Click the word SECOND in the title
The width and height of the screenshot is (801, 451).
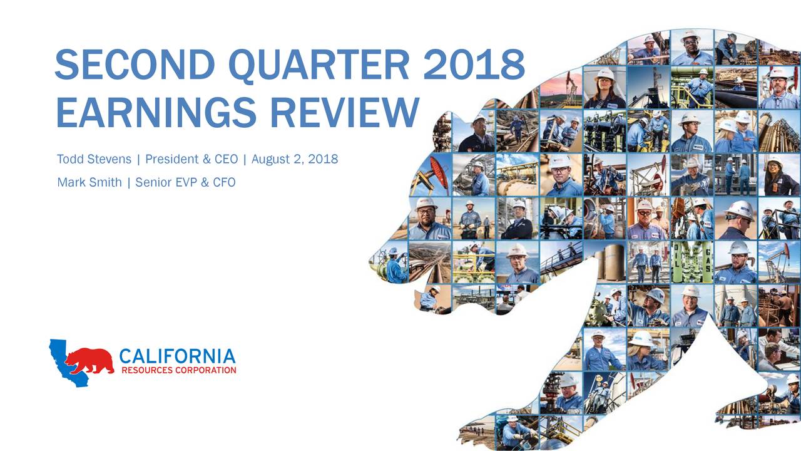pyautogui.click(x=135, y=65)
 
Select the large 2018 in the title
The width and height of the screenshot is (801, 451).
pyautogui.click(x=474, y=65)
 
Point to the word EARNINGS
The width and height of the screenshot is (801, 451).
pyautogui.click(x=156, y=112)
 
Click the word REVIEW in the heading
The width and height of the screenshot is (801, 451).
pyautogui.click(x=345, y=112)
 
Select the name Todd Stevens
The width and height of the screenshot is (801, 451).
pyautogui.click(x=94, y=159)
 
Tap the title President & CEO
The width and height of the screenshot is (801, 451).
pyautogui.click(x=191, y=159)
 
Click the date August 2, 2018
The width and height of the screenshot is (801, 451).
pyautogui.click(x=295, y=159)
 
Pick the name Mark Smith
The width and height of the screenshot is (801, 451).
pyautogui.click(x=89, y=182)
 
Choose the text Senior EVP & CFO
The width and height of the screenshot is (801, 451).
pyautogui.click(x=185, y=182)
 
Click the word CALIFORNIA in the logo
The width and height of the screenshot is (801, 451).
pyautogui.click(x=177, y=356)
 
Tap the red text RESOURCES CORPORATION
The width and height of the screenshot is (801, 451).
pyautogui.click(x=179, y=370)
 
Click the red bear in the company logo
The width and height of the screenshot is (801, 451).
pyautogui.click(x=89, y=360)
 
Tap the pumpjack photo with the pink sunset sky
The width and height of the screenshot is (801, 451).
pyautogui.click(x=561, y=90)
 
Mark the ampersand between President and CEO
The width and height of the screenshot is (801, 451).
pyautogui.click(x=207, y=159)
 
